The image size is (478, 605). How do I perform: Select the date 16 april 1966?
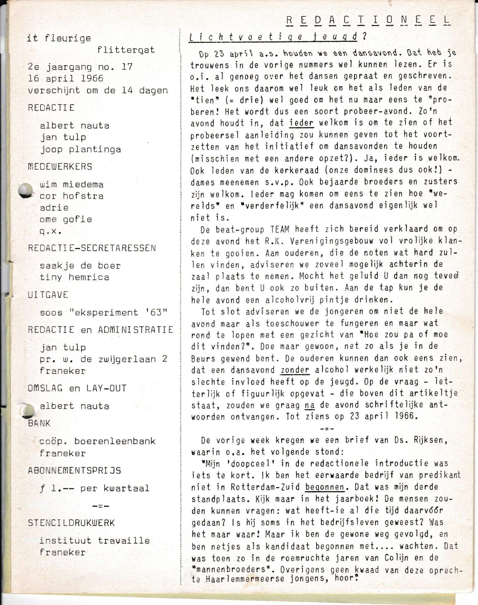click(66, 78)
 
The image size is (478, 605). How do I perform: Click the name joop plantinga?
click(80, 149)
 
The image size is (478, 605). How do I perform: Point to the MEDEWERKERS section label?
click(60, 166)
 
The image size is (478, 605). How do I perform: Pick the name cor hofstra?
click(72, 196)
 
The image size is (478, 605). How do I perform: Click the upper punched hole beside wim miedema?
click(26, 190)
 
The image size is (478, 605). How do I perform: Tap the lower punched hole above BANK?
click(27, 411)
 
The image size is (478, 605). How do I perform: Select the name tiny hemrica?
click(74, 277)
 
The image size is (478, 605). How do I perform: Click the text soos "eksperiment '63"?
click(103, 312)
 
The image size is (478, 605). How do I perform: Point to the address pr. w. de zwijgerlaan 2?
click(103, 359)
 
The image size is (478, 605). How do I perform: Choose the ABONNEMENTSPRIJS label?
click(74, 470)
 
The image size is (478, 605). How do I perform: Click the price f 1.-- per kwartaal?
click(95, 488)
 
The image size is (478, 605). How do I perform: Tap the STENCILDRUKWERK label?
click(71, 523)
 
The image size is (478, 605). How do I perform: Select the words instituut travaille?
click(95, 541)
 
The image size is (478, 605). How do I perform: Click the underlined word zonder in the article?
click(295, 370)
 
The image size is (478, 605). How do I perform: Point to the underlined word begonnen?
click(325, 487)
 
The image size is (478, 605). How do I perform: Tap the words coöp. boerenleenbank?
click(97, 441)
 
